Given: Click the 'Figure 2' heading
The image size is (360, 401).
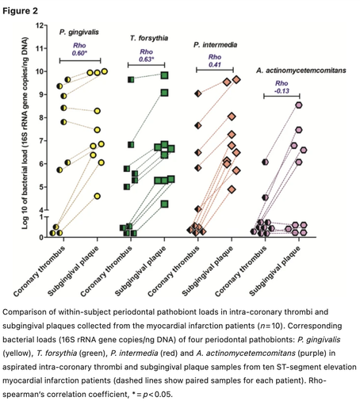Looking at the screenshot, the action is (x=20, y=11).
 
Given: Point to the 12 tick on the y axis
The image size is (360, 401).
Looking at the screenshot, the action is (x=45, y=25).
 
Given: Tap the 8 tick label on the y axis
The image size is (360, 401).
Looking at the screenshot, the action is (x=40, y=117).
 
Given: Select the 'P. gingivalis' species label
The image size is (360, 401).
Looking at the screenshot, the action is (x=79, y=32).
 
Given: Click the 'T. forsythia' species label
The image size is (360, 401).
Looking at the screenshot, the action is (x=149, y=38).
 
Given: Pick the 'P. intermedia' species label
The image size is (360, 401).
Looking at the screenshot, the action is (x=215, y=45).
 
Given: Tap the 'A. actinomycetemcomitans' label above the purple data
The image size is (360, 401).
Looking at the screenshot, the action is (x=301, y=71).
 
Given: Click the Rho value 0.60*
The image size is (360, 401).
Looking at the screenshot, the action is (x=79, y=53).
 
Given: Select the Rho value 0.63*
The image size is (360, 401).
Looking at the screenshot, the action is (x=147, y=59).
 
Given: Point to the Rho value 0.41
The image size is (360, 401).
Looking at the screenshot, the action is (x=215, y=65).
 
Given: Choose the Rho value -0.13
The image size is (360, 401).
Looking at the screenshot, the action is (x=281, y=91).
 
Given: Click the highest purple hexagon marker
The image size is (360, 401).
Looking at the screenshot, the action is (x=299, y=105).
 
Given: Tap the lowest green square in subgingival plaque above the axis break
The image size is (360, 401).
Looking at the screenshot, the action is (x=165, y=204).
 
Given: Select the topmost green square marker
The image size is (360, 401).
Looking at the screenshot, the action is (x=165, y=75).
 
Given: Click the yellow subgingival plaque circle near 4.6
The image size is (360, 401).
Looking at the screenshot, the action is (x=98, y=197).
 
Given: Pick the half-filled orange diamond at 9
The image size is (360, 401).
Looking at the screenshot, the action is (x=198, y=94).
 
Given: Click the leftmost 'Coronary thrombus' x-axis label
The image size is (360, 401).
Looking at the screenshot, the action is (x=39, y=271).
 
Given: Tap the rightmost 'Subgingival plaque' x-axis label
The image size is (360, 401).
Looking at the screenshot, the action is (x=274, y=271).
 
